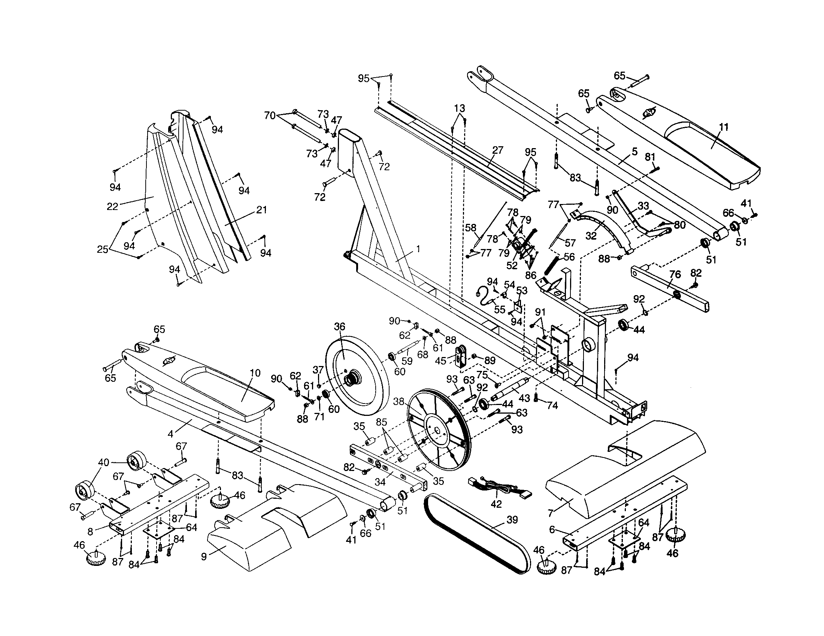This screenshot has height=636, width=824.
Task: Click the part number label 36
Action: point(339,327)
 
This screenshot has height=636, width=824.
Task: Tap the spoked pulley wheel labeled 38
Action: point(437,430)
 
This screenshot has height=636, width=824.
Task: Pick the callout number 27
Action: point(498,150)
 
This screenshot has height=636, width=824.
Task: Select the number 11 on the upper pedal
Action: point(723,127)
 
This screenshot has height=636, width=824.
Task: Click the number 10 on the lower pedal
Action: point(255,373)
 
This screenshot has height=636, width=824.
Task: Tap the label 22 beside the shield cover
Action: point(112,206)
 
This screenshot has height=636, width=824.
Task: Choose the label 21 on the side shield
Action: point(261,210)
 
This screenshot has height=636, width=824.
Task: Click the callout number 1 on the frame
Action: point(418,249)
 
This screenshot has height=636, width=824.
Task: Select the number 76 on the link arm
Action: point(675,274)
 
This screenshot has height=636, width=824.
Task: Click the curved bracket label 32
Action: point(591,235)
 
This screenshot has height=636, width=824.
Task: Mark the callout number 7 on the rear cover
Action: point(551,513)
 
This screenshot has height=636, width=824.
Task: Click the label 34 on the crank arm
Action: point(380,482)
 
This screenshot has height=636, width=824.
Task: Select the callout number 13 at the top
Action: point(459,109)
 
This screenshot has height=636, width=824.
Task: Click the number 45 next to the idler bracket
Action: point(441,361)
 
